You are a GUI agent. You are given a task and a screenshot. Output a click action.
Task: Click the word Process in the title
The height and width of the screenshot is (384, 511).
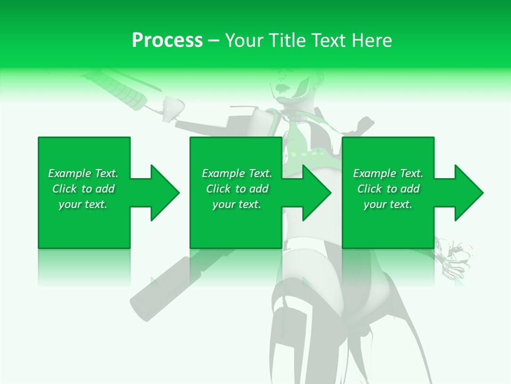[167, 41]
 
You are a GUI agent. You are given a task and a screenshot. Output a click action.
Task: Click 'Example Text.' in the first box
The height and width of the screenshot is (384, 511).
[83, 173]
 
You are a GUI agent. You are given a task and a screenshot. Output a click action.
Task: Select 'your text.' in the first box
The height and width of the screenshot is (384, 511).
[83, 204]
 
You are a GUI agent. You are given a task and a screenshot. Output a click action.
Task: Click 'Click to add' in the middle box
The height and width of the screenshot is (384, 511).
[237, 189]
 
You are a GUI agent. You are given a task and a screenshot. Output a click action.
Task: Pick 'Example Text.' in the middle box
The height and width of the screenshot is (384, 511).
[237, 173]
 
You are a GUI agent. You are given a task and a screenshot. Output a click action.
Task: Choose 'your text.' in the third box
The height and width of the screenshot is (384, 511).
[388, 204]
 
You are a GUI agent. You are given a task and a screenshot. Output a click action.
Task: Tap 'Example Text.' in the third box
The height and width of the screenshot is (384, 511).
[388, 173]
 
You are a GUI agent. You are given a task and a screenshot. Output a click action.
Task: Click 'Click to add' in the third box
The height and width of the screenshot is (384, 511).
[388, 189]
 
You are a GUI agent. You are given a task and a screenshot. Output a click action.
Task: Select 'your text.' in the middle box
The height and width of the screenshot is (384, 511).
[237, 204]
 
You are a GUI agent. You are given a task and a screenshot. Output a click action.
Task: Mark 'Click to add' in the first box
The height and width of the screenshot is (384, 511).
[83, 189]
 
